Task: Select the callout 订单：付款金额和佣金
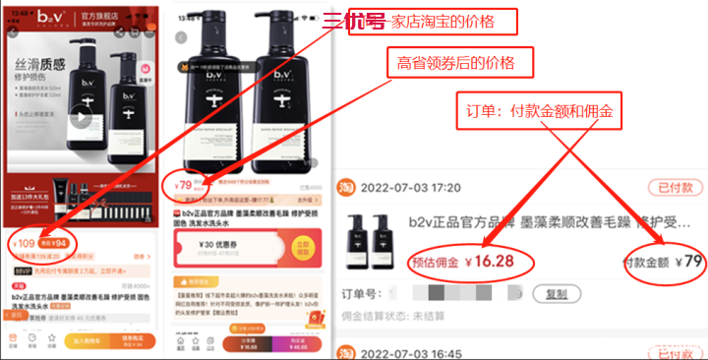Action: click(540, 113)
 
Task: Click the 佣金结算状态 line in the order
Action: click(413, 318)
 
